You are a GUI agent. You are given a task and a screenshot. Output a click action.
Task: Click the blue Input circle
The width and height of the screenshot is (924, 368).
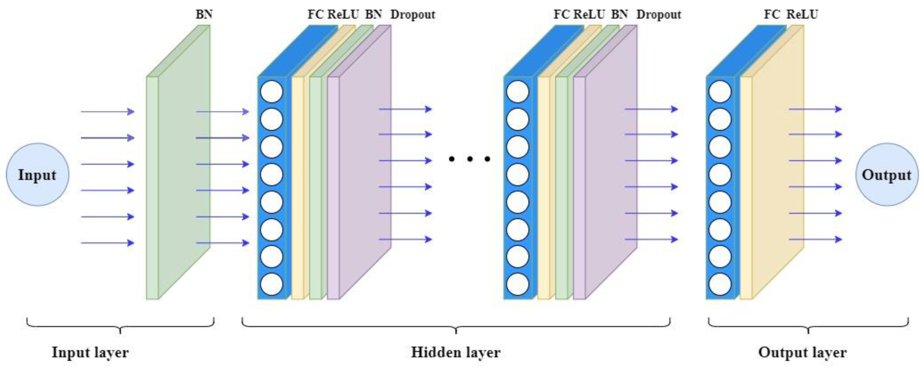click(x=37, y=175)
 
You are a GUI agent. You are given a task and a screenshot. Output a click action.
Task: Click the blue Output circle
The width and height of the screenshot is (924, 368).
click(x=887, y=175)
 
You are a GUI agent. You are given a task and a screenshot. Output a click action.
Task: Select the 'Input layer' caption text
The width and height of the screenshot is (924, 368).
click(x=90, y=352)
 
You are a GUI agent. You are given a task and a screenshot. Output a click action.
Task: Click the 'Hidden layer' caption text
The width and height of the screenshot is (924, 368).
click(x=456, y=352)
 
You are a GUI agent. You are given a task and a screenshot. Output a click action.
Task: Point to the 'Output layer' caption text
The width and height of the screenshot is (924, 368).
click(x=802, y=352)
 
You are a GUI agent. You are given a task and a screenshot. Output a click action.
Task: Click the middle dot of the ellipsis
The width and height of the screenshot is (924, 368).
click(x=469, y=158)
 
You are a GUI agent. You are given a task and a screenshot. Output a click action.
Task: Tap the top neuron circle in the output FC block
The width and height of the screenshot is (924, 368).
click(x=720, y=92)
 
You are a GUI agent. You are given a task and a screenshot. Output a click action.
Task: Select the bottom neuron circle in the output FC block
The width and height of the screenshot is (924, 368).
click(x=720, y=284)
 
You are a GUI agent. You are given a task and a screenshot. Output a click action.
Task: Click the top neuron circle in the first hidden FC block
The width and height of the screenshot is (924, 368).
click(x=271, y=92)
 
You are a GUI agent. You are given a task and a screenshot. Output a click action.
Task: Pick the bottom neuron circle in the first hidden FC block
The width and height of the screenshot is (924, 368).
click(x=271, y=284)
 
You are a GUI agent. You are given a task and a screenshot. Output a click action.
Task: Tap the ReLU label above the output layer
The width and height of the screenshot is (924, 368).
click(x=802, y=14)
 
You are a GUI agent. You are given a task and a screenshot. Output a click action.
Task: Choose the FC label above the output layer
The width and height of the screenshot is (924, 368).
click(x=771, y=14)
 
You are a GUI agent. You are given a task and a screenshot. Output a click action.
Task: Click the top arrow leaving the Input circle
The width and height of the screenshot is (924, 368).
click(x=107, y=111)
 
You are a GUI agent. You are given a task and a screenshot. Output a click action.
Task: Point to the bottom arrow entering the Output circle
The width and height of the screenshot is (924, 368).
click(x=815, y=239)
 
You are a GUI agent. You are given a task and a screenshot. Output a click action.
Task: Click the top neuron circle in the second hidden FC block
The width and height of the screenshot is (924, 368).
click(x=518, y=92)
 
